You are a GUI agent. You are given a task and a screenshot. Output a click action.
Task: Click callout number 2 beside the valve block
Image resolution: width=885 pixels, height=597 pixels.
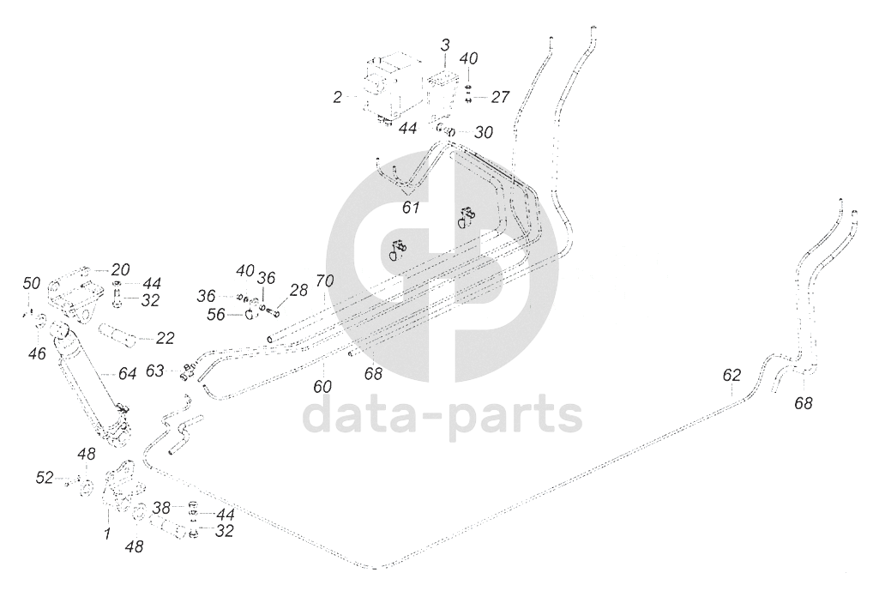[x=338, y=98]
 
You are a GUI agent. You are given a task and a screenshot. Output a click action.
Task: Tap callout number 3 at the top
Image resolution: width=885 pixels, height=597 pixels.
[x=445, y=44]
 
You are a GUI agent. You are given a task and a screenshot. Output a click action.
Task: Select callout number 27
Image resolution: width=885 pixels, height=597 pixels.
[x=499, y=97]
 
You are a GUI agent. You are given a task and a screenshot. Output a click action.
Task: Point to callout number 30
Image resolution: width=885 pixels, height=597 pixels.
[x=484, y=133]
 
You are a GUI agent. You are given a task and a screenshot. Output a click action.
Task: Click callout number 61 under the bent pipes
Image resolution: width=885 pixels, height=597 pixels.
[x=412, y=208]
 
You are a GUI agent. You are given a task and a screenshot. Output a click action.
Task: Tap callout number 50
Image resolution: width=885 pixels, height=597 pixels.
[x=32, y=283]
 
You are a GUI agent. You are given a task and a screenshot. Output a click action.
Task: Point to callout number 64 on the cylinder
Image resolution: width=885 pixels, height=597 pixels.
[x=127, y=374]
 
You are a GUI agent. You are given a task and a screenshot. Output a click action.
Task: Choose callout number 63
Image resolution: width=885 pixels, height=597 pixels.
[x=154, y=371]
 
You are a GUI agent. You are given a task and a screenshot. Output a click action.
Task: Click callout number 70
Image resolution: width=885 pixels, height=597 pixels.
[x=324, y=280]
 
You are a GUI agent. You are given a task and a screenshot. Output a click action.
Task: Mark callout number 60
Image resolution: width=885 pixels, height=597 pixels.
[x=322, y=387]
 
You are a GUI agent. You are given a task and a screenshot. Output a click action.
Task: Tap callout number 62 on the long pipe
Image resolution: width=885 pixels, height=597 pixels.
[x=731, y=375]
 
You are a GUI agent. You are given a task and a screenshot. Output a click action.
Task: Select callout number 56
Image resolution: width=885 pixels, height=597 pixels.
[x=216, y=315]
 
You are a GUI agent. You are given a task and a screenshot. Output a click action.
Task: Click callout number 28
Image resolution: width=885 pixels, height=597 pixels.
[x=298, y=290]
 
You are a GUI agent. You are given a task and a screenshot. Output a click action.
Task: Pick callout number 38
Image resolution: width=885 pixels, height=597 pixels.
[x=162, y=507]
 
